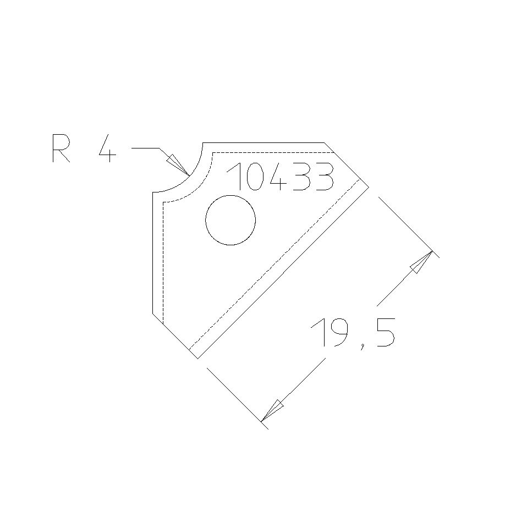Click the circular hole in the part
pyautogui.click(x=230, y=220)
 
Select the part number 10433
pyautogui.click(x=281, y=177)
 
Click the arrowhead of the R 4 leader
pyautogui.click(x=177, y=164)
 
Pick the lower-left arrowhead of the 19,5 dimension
pyautogui.click(x=272, y=411)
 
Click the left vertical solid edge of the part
pyautogui.click(x=152, y=253)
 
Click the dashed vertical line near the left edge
pyautogui.click(x=164, y=258)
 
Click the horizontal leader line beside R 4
pyautogui.click(x=145, y=148)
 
